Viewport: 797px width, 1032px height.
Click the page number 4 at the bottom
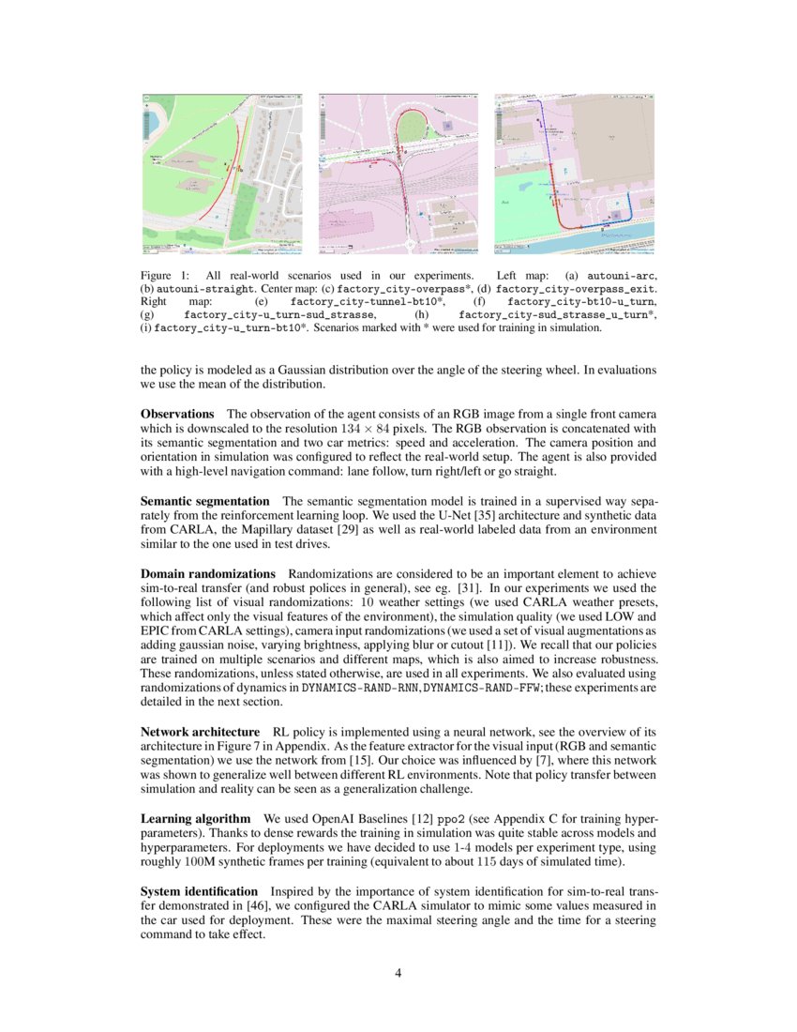[398, 973]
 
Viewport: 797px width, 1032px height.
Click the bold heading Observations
[177, 414]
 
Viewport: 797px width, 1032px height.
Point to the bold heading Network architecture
[200, 730]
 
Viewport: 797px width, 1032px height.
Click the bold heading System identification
[199, 890]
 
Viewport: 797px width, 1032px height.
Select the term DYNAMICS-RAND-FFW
[479, 687]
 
